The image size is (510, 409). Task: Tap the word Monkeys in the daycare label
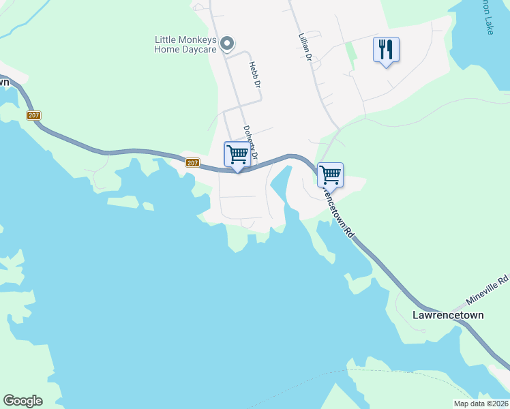click(197, 40)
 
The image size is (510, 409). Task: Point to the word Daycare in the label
click(198, 50)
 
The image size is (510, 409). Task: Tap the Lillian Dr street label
click(304, 48)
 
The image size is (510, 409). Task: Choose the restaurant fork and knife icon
click(386, 49)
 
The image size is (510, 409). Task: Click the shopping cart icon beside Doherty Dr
click(237, 153)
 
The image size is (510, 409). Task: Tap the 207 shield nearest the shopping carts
click(192, 162)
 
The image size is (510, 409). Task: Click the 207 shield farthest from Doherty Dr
click(34, 115)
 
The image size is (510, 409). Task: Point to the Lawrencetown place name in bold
click(448, 316)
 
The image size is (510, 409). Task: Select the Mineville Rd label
click(487, 290)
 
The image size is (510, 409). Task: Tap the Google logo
click(22, 401)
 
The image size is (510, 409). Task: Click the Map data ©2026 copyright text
click(481, 404)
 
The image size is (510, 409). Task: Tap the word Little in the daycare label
click(166, 40)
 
